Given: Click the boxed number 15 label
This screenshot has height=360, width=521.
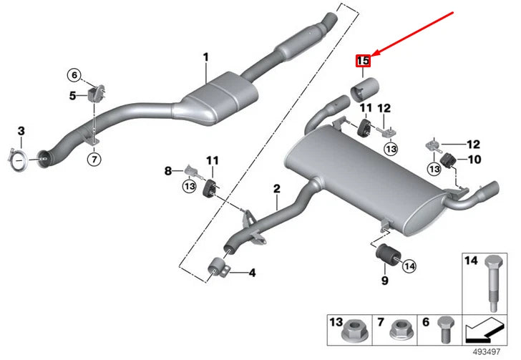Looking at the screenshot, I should [363, 62].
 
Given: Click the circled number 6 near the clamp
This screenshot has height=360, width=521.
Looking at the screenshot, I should [74, 74].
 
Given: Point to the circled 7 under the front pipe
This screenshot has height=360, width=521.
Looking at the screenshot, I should [94, 159].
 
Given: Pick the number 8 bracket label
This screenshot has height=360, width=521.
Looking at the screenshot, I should [169, 171].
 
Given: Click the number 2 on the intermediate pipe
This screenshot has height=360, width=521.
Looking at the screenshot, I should [276, 189].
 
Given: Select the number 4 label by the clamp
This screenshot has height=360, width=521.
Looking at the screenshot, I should [251, 273].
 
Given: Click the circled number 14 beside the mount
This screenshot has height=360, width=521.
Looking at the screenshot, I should [409, 266].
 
